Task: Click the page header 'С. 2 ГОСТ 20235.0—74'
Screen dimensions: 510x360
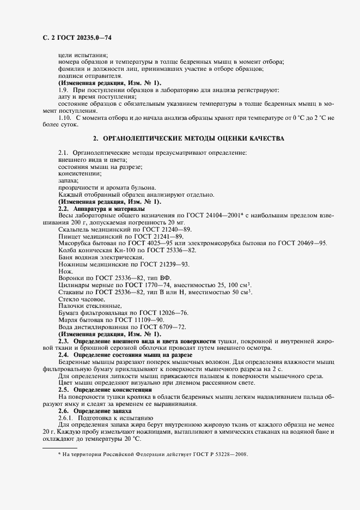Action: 77,38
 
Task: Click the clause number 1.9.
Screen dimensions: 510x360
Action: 63,89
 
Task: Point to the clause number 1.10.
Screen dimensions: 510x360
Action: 65,118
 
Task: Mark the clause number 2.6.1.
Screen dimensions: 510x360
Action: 67,418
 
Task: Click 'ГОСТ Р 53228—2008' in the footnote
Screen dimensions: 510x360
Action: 223,453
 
